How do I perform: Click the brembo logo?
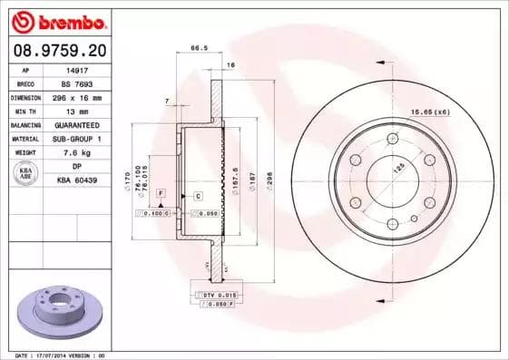(57, 19)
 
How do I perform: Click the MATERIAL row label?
(24, 138)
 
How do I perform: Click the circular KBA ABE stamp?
(24, 173)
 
